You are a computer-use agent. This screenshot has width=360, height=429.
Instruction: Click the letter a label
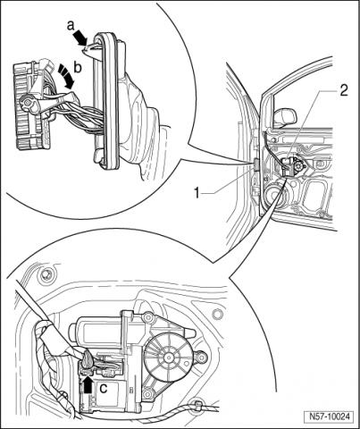click(x=71, y=26)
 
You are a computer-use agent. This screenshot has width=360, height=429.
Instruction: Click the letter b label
click(x=78, y=68)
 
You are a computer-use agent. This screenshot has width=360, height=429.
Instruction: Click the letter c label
click(x=103, y=388)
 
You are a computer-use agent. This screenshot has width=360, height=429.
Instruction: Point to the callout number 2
click(x=343, y=90)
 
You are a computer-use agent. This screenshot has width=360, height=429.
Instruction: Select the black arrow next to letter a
click(x=80, y=37)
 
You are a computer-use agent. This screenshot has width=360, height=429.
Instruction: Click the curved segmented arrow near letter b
click(x=66, y=76)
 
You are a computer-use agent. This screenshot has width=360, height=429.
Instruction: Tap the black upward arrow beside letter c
click(x=88, y=384)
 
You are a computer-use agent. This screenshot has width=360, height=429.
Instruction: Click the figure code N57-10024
click(x=329, y=416)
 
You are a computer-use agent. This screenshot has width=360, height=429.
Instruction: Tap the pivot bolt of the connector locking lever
click(x=28, y=103)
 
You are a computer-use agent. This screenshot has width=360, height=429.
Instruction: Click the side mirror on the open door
click(x=285, y=117)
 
